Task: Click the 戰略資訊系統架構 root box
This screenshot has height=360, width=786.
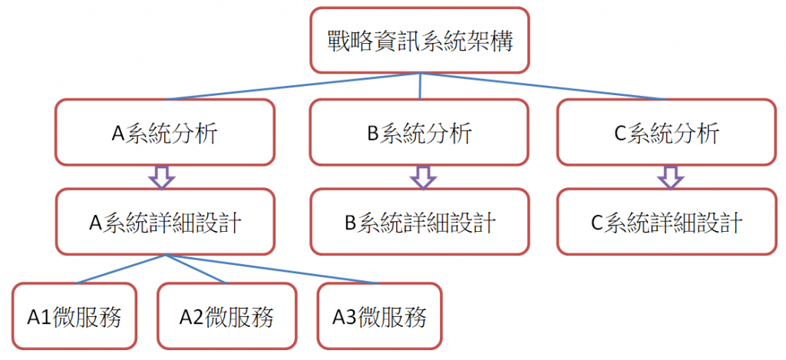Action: pyautogui.click(x=419, y=41)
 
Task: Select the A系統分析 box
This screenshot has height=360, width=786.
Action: pyautogui.click(x=164, y=132)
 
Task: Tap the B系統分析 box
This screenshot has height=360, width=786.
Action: pyautogui.click(x=419, y=132)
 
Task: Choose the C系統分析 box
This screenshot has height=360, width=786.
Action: pyautogui.click(x=666, y=132)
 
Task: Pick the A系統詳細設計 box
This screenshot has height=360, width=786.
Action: pyautogui.click(x=164, y=223)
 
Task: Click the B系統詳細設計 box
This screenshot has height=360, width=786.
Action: pyautogui.click(x=419, y=223)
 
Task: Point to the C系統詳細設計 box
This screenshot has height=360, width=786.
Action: pyautogui.click(x=666, y=223)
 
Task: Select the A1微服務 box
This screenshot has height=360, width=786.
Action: pyautogui.click(x=74, y=315)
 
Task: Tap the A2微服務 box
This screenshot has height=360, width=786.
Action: pyautogui.click(x=226, y=315)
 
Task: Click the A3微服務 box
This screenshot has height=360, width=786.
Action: pyautogui.click(x=379, y=315)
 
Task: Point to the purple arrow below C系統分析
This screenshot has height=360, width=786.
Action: pyautogui.click(x=671, y=177)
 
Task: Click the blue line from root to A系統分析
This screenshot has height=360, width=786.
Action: pyautogui.click(x=292, y=86)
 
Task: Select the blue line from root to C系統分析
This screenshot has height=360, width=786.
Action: pyautogui.click(x=545, y=86)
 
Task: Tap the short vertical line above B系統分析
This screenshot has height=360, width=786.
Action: pyautogui.click(x=420, y=86)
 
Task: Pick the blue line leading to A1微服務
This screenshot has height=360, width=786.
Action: pyautogui.click(x=115, y=269)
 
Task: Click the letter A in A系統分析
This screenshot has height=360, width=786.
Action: pyautogui.click(x=118, y=134)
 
